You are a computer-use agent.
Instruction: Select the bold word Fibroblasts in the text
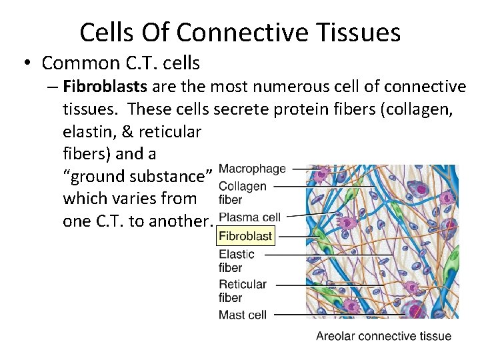pyautogui.click(x=106, y=87)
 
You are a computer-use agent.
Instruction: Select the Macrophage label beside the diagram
pyautogui.click(x=252, y=169)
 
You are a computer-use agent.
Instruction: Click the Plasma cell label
pyautogui.click(x=249, y=217)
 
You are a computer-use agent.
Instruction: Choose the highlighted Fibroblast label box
pyautogui.click(x=246, y=235)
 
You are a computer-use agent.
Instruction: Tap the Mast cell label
pyautogui.click(x=243, y=314)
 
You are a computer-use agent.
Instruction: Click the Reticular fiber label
pyautogui.click(x=243, y=291)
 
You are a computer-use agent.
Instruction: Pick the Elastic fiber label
pyautogui.click(x=237, y=261)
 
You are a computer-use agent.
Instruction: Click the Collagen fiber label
pyautogui.click(x=242, y=193)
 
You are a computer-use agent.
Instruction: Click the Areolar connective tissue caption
pyautogui.click(x=383, y=337)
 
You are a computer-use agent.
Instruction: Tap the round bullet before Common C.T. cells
pyautogui.click(x=26, y=64)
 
